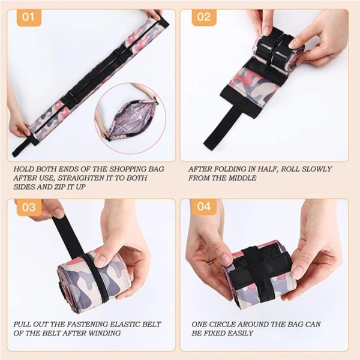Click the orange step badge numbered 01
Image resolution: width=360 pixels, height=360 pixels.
pos(29,17)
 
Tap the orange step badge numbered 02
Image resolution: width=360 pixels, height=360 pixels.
pos(204,17)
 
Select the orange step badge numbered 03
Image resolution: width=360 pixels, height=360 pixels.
pos(29,207)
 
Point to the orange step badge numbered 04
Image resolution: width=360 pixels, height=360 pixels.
pos(204,206)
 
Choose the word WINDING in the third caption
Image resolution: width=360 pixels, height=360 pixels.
pos(104,333)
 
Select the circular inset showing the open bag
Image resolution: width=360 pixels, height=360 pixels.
pos(127,118)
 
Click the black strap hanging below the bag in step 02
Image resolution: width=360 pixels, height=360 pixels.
pos(221,125)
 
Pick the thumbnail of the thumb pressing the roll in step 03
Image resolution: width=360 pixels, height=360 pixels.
pos(101,261)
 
